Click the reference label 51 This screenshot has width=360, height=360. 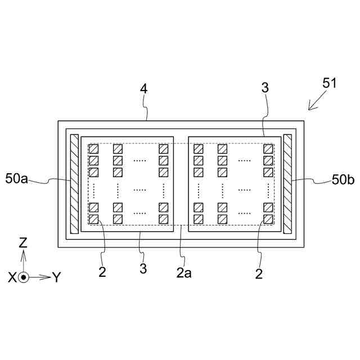[330, 83]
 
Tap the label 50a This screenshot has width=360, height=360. [17, 179]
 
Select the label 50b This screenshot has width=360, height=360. [343, 179]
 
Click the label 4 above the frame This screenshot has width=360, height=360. [143, 88]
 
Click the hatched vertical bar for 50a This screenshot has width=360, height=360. [74, 183]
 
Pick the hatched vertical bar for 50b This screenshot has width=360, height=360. [288, 183]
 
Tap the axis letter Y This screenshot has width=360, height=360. [56, 277]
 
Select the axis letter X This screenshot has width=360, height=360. [12, 277]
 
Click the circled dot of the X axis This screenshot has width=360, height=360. [23, 277]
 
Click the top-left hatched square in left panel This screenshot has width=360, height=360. [94, 149]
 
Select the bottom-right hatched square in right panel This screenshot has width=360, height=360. [268, 219]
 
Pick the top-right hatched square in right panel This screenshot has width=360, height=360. [268, 149]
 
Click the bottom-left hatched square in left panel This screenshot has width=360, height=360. [94, 219]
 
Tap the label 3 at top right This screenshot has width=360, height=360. [265, 88]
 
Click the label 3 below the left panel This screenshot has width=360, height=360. [143, 269]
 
